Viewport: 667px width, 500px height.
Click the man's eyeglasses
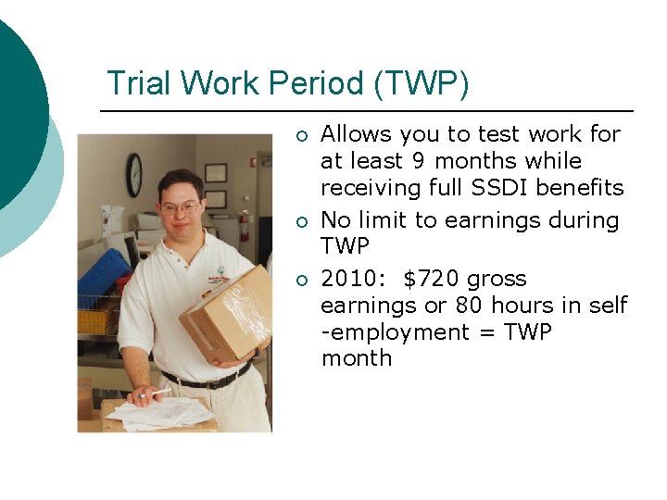(180, 207)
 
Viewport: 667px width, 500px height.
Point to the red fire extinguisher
(244, 225)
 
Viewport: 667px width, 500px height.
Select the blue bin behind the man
(102, 277)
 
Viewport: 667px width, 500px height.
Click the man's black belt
(206, 379)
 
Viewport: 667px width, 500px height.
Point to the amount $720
(433, 279)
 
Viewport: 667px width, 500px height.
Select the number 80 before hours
(469, 306)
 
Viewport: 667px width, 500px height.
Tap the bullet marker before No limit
(301, 221)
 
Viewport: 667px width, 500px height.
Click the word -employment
(396, 332)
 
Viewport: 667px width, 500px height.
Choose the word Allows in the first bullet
(358, 134)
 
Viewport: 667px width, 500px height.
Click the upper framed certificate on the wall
(215, 172)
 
